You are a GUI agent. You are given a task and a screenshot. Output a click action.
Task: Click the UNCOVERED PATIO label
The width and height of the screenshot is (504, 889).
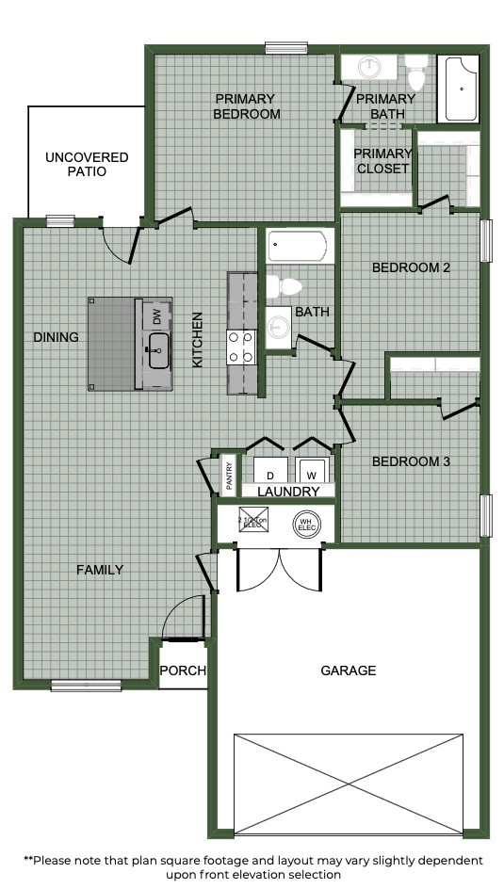pyautogui.click(x=87, y=165)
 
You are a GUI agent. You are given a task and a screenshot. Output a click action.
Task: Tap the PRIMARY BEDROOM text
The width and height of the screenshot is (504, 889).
pyautogui.click(x=247, y=106)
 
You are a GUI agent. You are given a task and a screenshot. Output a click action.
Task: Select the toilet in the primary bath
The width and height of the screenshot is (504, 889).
pyautogui.click(x=415, y=72)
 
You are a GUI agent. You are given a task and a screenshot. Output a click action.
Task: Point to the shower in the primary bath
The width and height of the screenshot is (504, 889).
pyautogui.click(x=461, y=89)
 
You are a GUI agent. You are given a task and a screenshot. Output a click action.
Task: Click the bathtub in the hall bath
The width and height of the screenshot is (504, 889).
pyautogui.click(x=298, y=248)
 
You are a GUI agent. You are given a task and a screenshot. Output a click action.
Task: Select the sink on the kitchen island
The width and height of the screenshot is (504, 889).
pyautogui.click(x=156, y=350)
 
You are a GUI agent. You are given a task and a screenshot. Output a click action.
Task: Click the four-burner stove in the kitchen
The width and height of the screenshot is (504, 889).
pyautogui.click(x=241, y=348)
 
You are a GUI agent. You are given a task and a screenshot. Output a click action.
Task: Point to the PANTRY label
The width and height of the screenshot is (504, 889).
pyautogui.click(x=229, y=473)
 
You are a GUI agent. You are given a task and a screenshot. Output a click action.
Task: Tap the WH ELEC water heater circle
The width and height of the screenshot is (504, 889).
pyautogui.click(x=304, y=524)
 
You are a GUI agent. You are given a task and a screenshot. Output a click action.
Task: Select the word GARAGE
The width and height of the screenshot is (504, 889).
pyautogui.click(x=348, y=671)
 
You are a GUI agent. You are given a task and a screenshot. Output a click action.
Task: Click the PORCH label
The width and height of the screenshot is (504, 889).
pyautogui.click(x=183, y=671)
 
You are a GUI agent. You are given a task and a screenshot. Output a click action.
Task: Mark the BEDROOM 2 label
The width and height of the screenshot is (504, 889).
pyautogui.click(x=411, y=267)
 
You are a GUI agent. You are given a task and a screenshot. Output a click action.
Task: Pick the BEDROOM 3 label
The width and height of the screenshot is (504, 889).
pyautogui.click(x=411, y=461)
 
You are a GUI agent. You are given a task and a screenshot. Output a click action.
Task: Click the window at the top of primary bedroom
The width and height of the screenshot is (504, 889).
pyautogui.click(x=281, y=48)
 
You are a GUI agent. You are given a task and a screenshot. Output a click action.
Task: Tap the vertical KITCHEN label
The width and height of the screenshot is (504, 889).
pyautogui.click(x=198, y=340)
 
